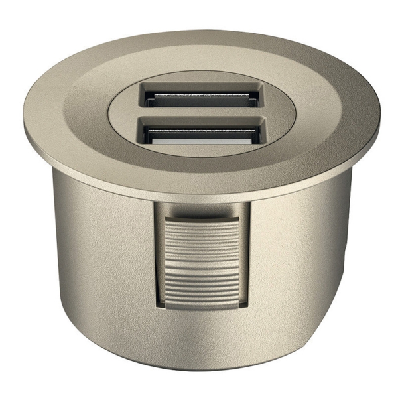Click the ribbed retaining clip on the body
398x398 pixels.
202,262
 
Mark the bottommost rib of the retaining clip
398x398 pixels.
202,300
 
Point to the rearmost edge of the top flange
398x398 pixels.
199,31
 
